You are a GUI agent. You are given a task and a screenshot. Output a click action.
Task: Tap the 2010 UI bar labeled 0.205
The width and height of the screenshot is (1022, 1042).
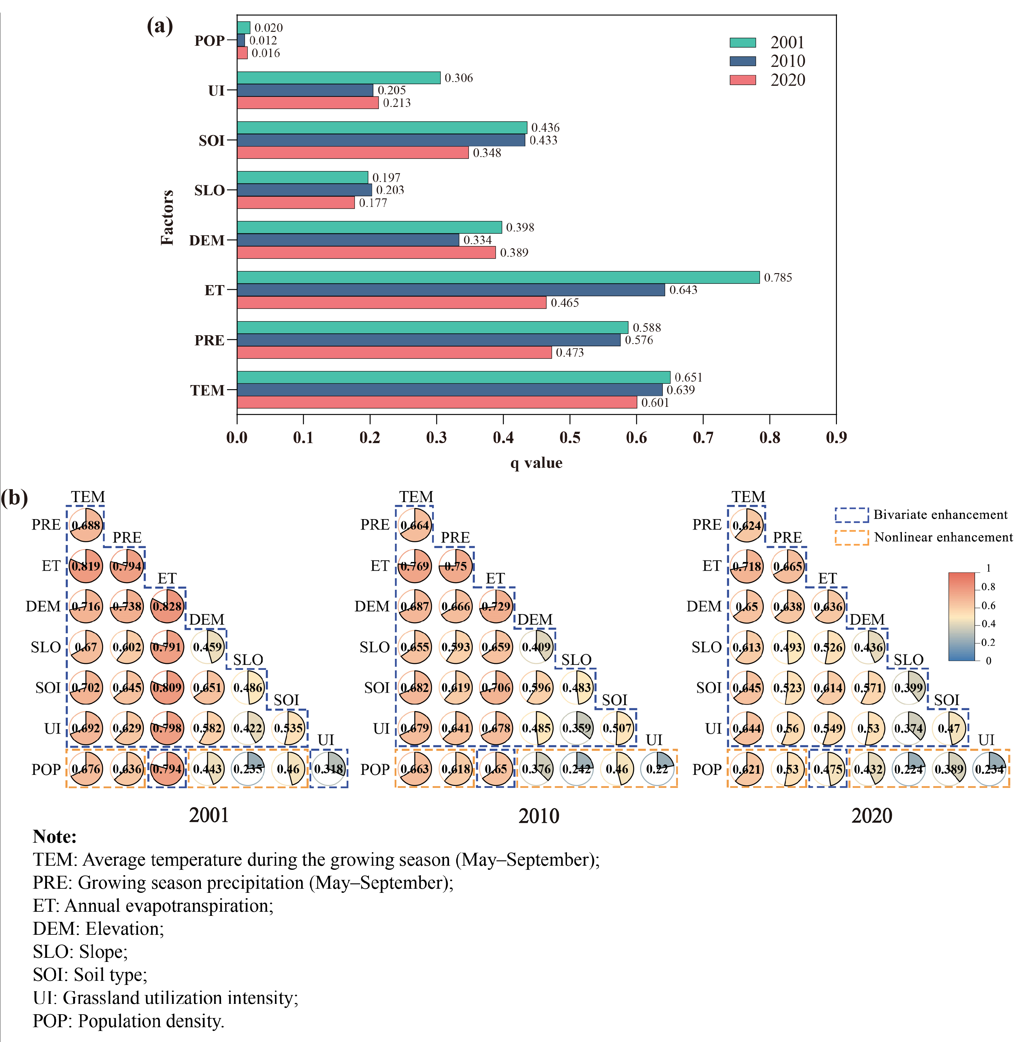pyautogui.click(x=305, y=90)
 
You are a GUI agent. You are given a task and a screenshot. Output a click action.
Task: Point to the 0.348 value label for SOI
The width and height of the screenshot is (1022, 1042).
pyautogui.click(x=487, y=153)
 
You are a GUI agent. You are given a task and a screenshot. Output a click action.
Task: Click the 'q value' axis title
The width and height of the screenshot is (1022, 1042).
pyautogui.click(x=536, y=463)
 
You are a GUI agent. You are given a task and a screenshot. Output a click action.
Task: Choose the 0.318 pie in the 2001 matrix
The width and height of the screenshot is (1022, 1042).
pyautogui.click(x=329, y=769)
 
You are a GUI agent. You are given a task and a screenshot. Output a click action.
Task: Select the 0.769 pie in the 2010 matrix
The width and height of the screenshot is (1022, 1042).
pyautogui.click(x=415, y=566)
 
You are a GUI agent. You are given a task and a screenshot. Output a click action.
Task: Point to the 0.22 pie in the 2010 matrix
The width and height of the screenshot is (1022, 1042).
pyautogui.click(x=657, y=769)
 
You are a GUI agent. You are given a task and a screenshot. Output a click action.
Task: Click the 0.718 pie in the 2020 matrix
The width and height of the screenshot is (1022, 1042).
pyautogui.click(x=747, y=566)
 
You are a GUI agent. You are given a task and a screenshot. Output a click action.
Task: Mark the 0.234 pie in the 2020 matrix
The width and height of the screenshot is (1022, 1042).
pyautogui.click(x=989, y=769)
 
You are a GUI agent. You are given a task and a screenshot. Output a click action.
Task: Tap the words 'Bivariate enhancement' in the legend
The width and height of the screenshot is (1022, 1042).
pyautogui.click(x=940, y=515)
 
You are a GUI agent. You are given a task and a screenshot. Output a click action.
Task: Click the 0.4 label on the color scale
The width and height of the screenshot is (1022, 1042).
pyautogui.click(x=988, y=624)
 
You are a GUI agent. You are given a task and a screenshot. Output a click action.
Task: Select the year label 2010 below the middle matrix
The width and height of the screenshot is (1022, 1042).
pyautogui.click(x=539, y=816)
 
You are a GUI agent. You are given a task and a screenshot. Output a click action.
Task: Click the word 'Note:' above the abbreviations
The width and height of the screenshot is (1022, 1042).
pyautogui.click(x=55, y=836)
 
